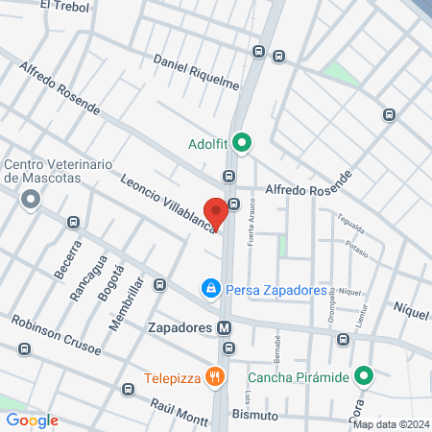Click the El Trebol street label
(64, 7)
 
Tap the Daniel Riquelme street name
(196, 71)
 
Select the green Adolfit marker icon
(243, 145)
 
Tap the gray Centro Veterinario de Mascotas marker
(31, 201)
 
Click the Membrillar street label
(125, 303)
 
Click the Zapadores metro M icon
(225, 327)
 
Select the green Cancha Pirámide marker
(363, 375)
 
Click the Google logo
(32, 420)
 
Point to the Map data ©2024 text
(390, 424)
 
